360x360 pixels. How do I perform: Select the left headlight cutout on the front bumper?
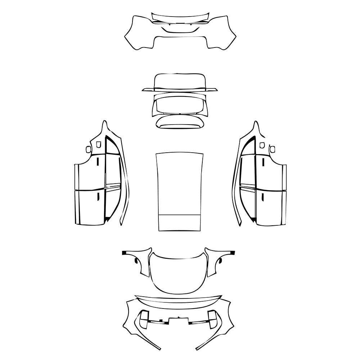(144, 317)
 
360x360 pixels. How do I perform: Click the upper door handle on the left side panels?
(98, 162)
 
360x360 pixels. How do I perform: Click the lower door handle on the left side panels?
(98, 196)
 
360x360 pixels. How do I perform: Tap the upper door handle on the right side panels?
(263, 162)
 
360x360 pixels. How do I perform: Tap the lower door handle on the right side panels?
(263, 197)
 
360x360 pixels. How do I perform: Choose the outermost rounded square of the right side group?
(272, 149)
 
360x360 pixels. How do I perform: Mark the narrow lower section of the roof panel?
(179, 223)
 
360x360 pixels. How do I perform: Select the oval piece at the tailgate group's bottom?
(180, 122)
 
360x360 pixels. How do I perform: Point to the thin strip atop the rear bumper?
(180, 17)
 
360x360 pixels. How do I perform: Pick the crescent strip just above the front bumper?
(178, 301)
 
